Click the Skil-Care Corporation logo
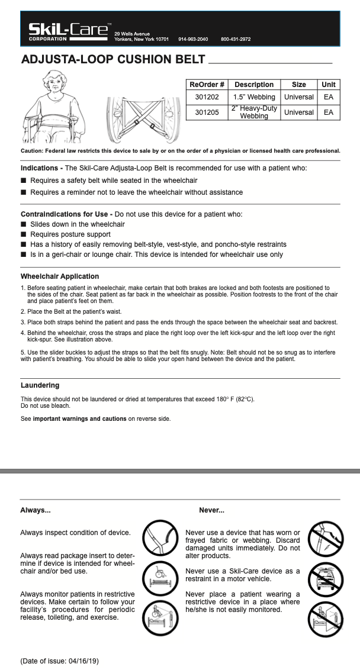pyautogui.click(x=69, y=31)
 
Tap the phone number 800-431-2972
pyautogui.click(x=236, y=39)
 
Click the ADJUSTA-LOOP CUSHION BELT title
pyautogui.click(x=113, y=59)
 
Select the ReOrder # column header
pyautogui.click(x=206, y=85)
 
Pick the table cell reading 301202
pyautogui.click(x=206, y=96)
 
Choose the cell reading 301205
pyautogui.click(x=206, y=112)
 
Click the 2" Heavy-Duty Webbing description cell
pyautogui.click(x=254, y=112)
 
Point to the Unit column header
pyautogui.click(x=328, y=85)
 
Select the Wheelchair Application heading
pyautogui.click(x=60, y=276)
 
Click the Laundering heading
pyautogui.click(x=40, y=385)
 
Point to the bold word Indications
pyautogui.click(x=39, y=168)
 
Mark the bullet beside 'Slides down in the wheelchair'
pyautogui.click(x=24, y=224)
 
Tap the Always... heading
pyautogui.click(x=36, y=510)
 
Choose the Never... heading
pyautogui.click(x=211, y=510)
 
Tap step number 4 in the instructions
pyautogui.click(x=22, y=333)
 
